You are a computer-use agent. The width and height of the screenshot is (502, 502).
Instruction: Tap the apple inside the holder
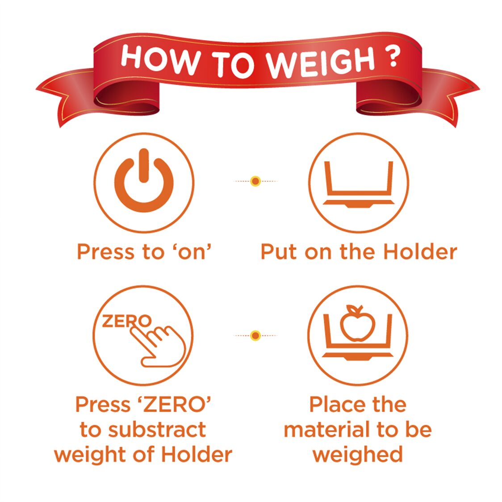357,324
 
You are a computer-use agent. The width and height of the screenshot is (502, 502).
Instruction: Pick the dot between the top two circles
255,181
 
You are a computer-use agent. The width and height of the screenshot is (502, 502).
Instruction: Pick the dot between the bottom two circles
255,335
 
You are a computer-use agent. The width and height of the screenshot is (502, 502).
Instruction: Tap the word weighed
357,455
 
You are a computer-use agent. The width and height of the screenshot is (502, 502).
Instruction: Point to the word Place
333,405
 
